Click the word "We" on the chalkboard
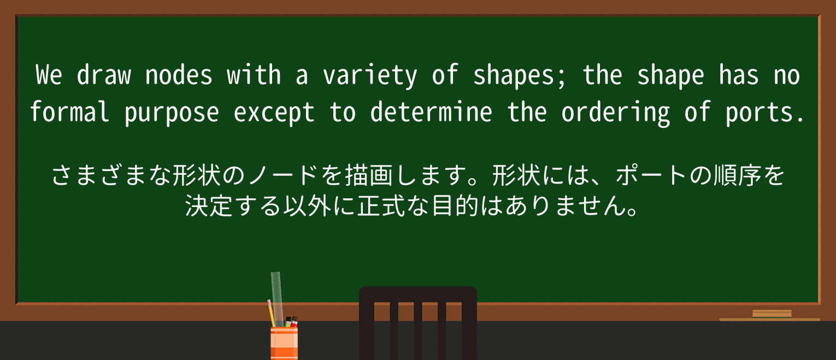[x=49, y=75]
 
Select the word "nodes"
[x=178, y=75]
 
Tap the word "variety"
[x=370, y=76]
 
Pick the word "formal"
[x=69, y=111]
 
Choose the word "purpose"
[x=172, y=114]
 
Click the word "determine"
[x=431, y=111]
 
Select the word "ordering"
[x=616, y=113]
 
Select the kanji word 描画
[x=369, y=175]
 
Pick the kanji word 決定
[x=209, y=205]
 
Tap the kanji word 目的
[x=455, y=205]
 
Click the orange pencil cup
[x=284, y=344]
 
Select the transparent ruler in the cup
[x=276, y=298]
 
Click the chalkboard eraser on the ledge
[x=772, y=314]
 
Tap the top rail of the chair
[x=417, y=294]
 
